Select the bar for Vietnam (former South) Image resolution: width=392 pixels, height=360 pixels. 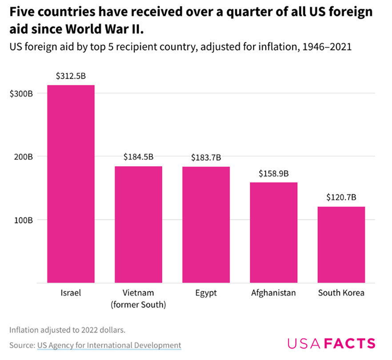(x=139, y=224)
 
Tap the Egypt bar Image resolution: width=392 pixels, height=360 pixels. (x=206, y=224)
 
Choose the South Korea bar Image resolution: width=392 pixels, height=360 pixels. (x=341, y=244)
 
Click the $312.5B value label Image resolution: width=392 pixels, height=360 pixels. (x=71, y=76)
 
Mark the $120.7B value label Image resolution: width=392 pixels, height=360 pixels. (x=341, y=197)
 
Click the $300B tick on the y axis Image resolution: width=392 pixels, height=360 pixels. (x=21, y=93)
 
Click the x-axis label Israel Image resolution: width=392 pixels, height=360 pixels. (x=71, y=293)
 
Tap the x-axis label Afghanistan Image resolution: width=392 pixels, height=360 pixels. (x=274, y=293)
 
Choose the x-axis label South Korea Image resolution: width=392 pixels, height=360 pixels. (x=341, y=293)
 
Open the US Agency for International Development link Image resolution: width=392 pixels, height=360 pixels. (x=109, y=345)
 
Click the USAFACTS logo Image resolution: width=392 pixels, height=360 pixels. (x=331, y=343)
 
